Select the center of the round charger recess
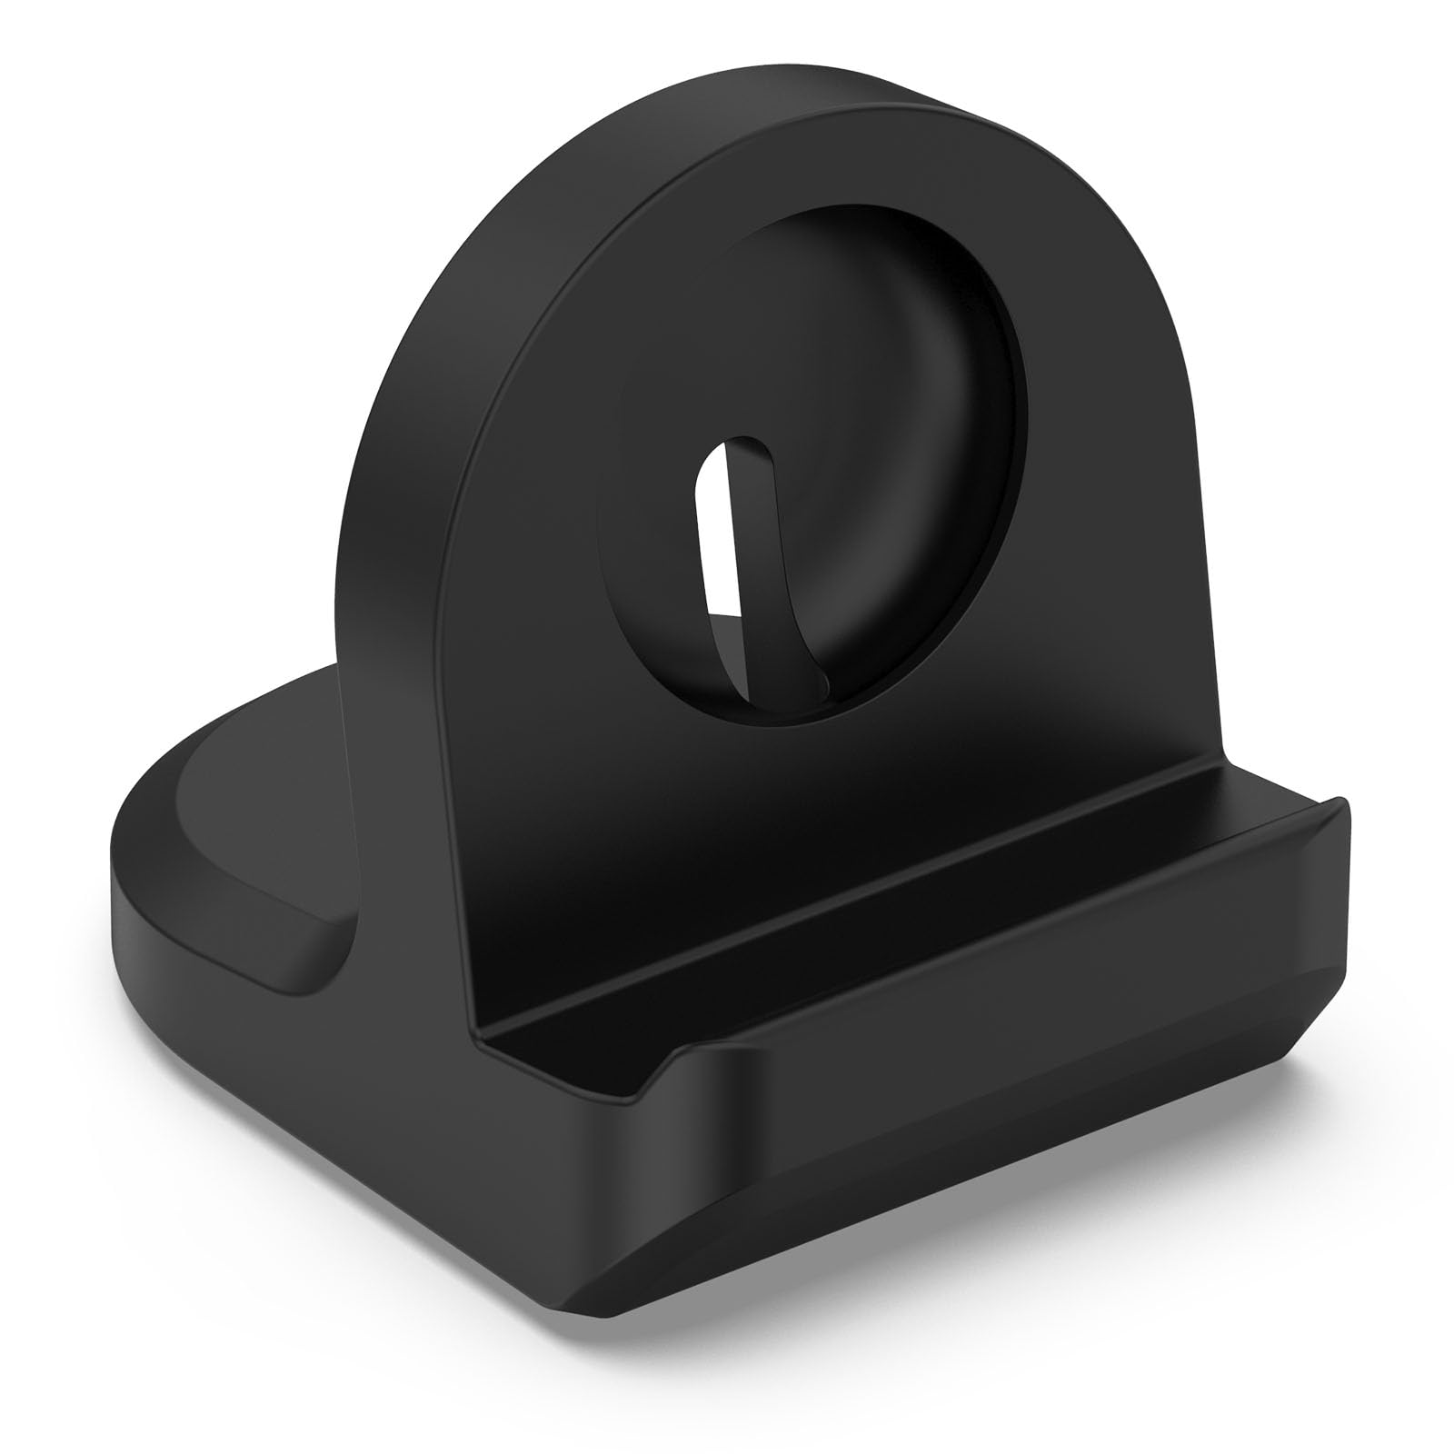[x=818, y=482]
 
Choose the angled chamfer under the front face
[x=1045, y=1118]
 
